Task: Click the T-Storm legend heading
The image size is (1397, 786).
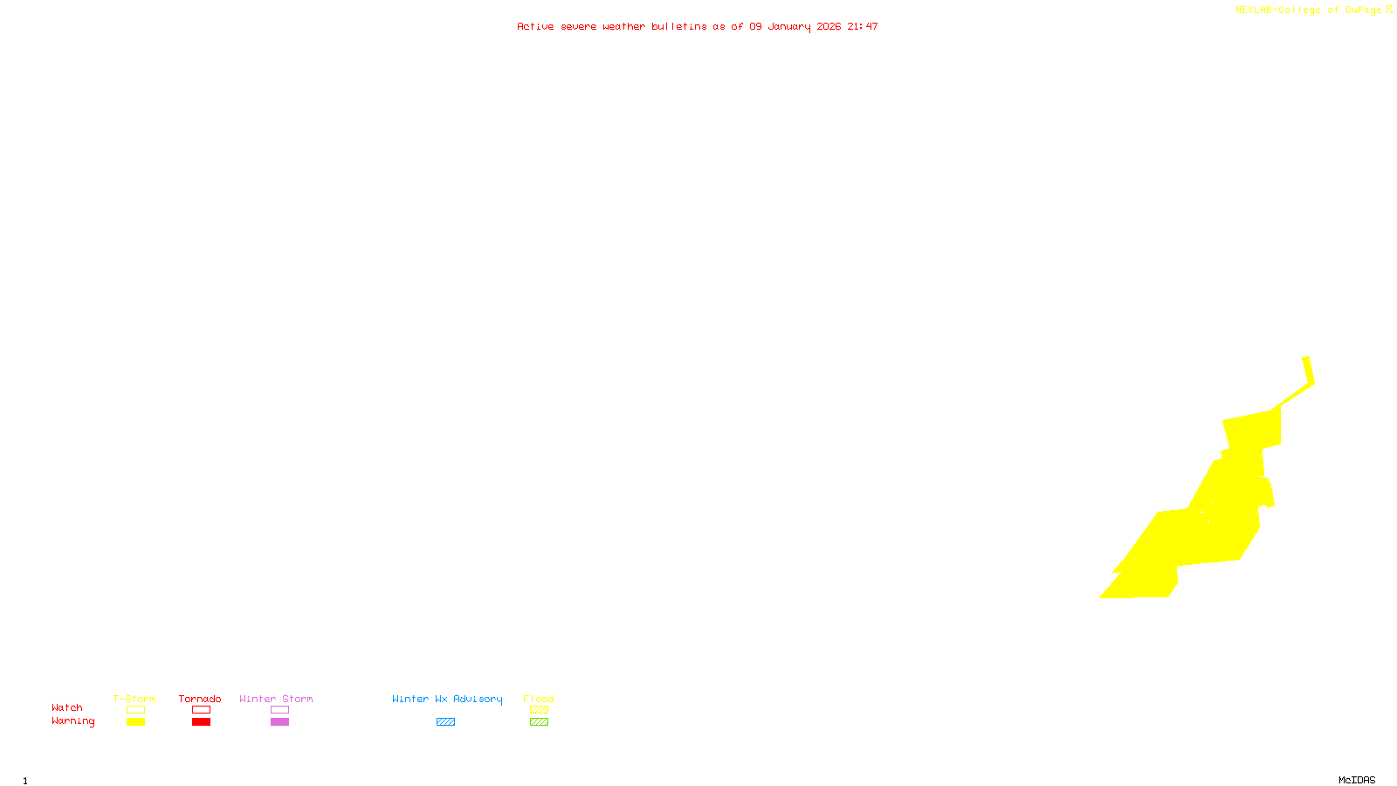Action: [x=134, y=699]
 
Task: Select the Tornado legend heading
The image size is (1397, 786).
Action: [x=200, y=699]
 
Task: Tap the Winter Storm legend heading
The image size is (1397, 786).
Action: [x=276, y=699]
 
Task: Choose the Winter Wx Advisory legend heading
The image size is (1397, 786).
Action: [x=447, y=699]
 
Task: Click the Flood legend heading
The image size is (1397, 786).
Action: [x=539, y=699]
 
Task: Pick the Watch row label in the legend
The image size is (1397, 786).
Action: [x=67, y=707]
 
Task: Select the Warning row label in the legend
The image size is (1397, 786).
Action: [x=73, y=721]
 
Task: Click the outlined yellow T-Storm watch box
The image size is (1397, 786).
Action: [x=135, y=710]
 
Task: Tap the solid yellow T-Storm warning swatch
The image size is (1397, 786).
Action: [x=135, y=722]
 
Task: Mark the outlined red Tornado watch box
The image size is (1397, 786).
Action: [x=201, y=710]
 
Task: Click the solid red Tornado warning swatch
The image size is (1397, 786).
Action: [x=201, y=722]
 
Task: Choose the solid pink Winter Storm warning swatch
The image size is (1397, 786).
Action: [x=279, y=722]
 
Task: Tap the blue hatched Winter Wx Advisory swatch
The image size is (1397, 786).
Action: [x=445, y=722]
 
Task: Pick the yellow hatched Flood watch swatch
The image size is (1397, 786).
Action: [x=539, y=710]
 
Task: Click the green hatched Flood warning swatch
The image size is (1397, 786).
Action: [x=539, y=722]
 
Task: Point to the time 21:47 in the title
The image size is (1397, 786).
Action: [x=863, y=26]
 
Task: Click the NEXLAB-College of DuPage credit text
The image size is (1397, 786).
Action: [x=1309, y=10]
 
